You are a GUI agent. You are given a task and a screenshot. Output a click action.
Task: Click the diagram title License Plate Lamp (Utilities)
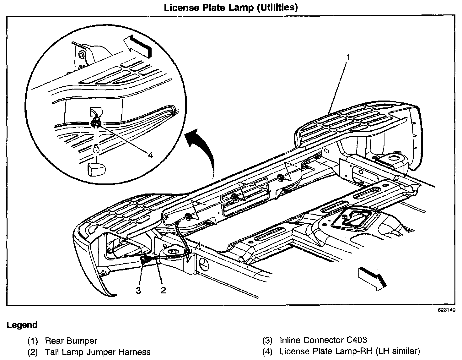[x=231, y=7]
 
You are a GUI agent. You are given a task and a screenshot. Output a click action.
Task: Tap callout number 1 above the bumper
[x=348, y=57]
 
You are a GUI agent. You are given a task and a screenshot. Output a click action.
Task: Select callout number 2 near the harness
[x=163, y=290]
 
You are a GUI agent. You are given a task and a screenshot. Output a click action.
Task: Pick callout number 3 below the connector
[x=138, y=290]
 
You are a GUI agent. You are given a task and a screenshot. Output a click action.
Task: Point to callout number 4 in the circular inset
[x=150, y=155]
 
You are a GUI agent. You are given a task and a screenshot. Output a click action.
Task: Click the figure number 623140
[x=446, y=310]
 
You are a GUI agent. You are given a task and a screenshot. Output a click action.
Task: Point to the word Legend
[x=22, y=325]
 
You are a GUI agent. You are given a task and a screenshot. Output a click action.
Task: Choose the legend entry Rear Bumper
[x=71, y=341]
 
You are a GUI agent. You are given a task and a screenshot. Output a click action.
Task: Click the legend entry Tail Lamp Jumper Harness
[x=98, y=352]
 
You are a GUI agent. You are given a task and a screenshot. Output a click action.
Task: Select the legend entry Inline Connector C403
[x=323, y=340]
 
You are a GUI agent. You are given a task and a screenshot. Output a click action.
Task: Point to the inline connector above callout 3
[x=145, y=259]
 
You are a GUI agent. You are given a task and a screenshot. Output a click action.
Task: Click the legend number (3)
[x=267, y=340]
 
